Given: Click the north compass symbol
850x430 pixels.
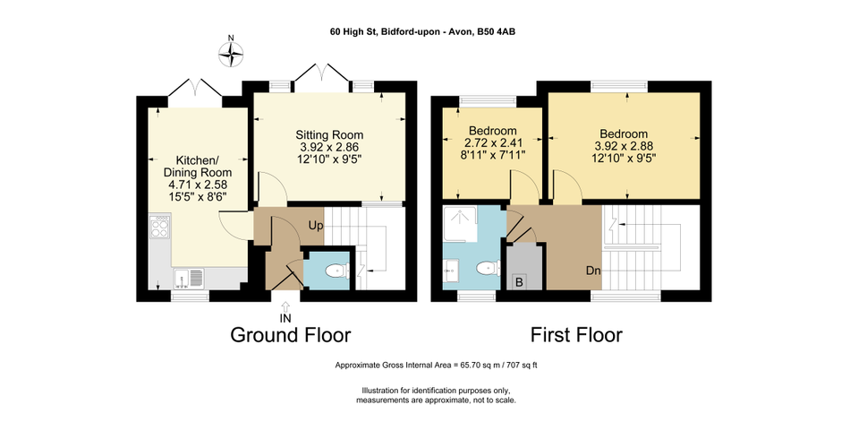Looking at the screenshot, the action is [x=231, y=54].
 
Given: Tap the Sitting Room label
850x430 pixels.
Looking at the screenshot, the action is [x=329, y=134].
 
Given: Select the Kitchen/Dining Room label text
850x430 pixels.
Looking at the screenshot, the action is [x=198, y=166].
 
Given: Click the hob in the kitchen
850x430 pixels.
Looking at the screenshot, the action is [x=160, y=227].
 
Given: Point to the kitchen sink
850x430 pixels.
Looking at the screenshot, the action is [x=188, y=278].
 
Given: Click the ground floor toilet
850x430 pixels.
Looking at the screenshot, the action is [x=337, y=271].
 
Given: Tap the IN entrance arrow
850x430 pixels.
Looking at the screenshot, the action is [x=285, y=306].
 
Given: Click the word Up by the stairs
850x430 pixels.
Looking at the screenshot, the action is [x=316, y=226].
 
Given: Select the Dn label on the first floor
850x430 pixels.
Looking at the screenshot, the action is [x=593, y=271].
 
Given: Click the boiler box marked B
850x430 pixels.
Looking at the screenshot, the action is [x=519, y=282].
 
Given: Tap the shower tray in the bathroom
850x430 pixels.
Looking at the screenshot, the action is [x=461, y=223].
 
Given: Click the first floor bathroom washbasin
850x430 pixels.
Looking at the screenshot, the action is [x=451, y=270].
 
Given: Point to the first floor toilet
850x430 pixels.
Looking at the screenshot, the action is [x=489, y=268].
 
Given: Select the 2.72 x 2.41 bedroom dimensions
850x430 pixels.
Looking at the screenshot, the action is [x=493, y=143].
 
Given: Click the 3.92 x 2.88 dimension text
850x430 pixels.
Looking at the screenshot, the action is [x=624, y=146].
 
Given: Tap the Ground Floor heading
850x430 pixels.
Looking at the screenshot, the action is [x=291, y=334].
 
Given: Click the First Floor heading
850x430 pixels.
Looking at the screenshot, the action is [x=576, y=334].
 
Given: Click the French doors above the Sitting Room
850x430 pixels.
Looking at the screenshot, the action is [x=322, y=73].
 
